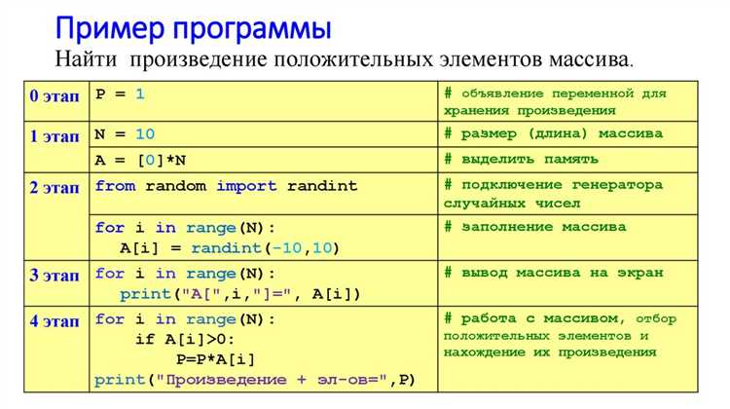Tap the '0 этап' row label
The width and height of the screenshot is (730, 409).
55,95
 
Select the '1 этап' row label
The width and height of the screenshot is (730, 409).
55,134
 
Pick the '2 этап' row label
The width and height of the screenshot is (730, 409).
55,188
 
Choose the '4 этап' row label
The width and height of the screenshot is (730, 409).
55,320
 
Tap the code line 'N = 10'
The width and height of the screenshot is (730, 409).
125,133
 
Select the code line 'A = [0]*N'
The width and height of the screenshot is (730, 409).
140,159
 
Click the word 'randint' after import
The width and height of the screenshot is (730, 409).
322,185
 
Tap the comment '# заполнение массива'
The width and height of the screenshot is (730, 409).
535,227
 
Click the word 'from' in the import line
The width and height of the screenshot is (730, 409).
114,185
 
